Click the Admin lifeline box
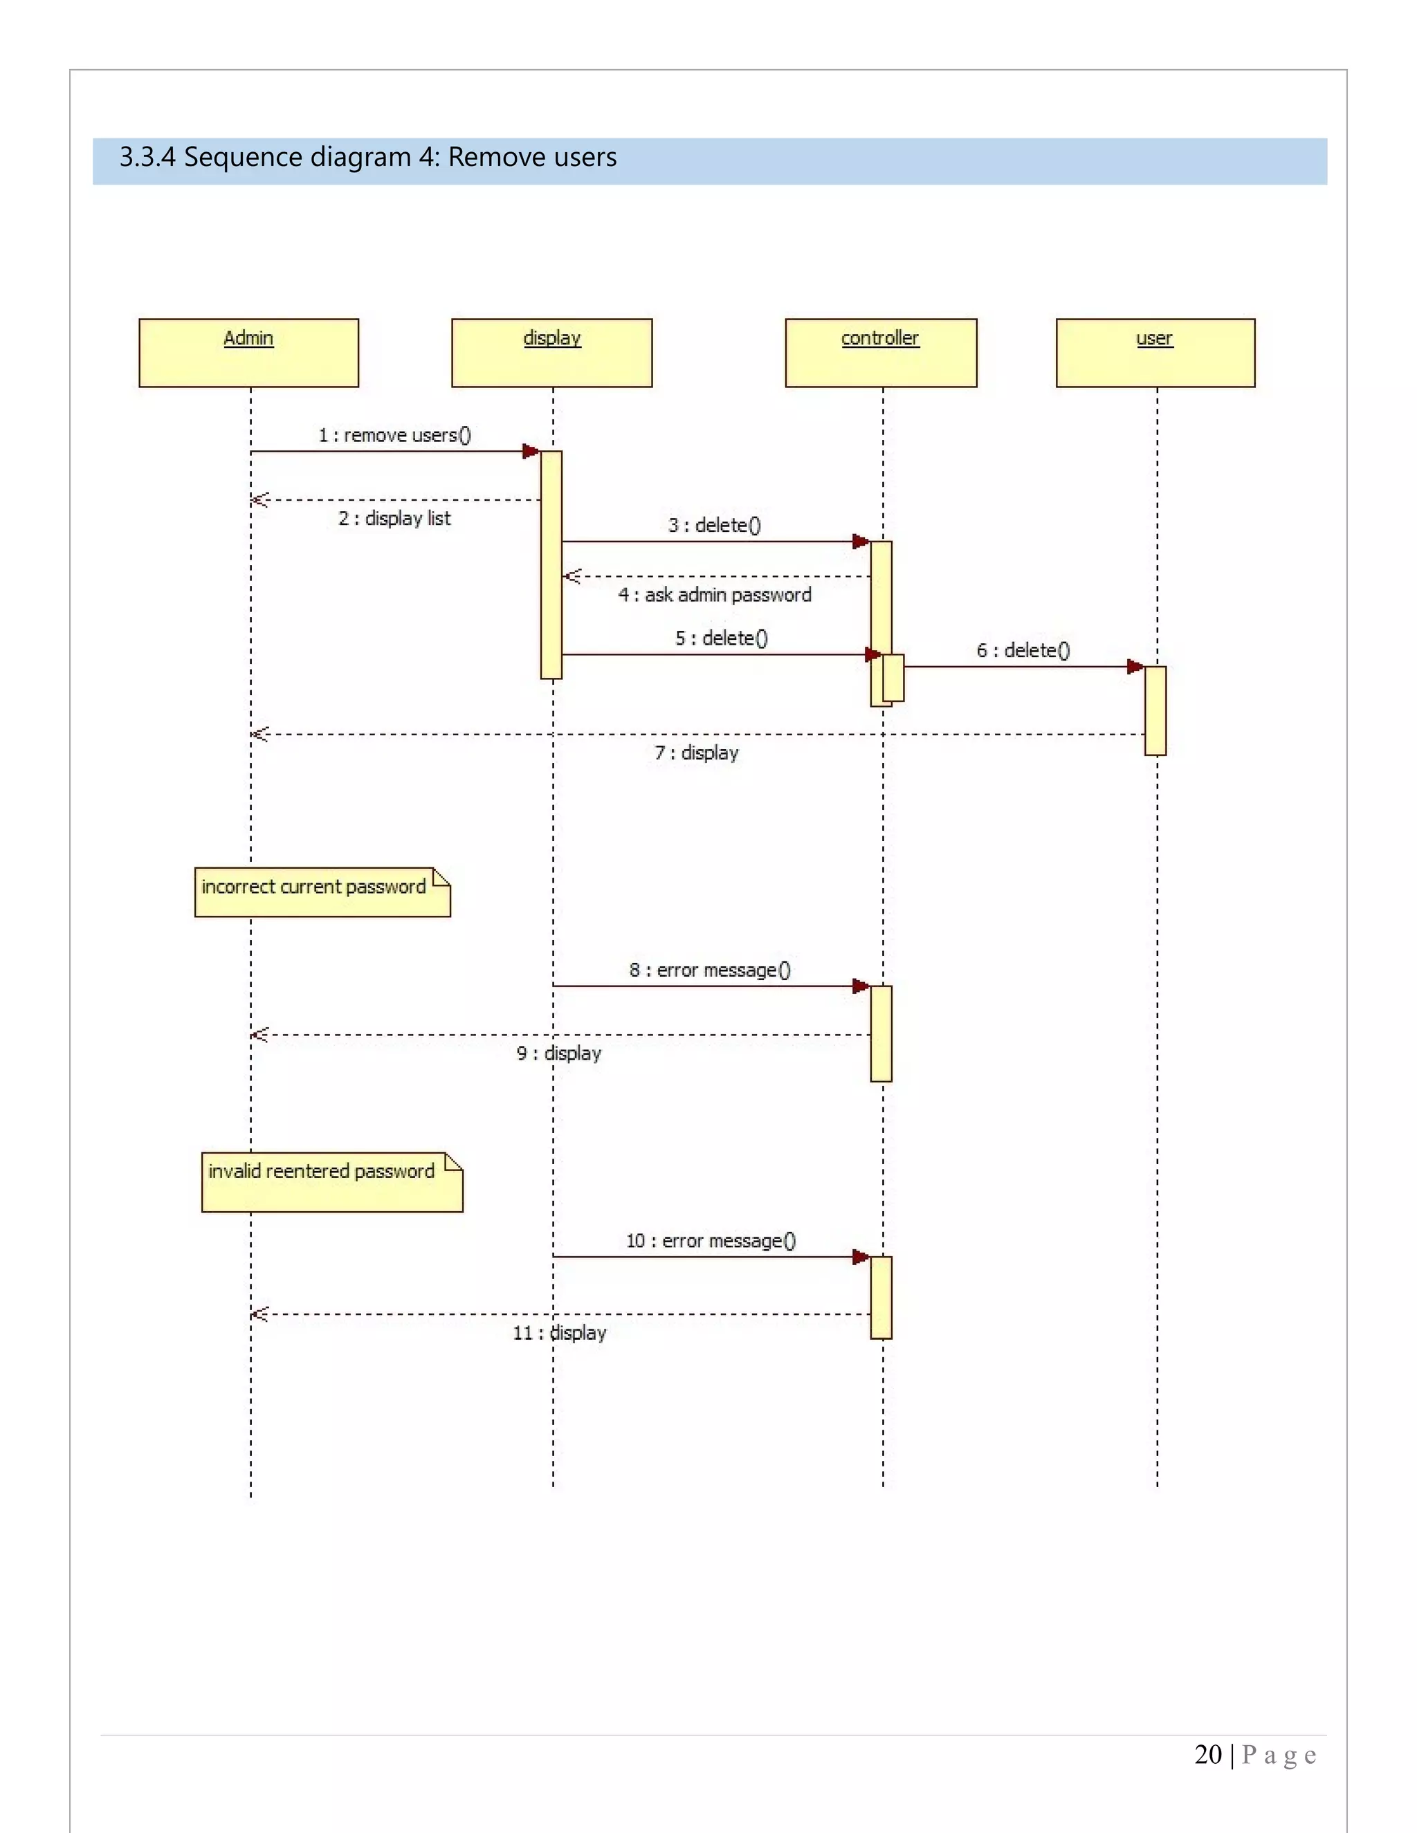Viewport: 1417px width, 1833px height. pyautogui.click(x=248, y=353)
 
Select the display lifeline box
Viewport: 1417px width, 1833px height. pyautogui.click(x=551, y=353)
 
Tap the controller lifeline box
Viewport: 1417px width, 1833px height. pyautogui.click(x=881, y=353)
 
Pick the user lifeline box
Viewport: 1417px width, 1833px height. pyautogui.click(x=1155, y=353)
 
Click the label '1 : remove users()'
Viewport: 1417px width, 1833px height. pyautogui.click(x=394, y=435)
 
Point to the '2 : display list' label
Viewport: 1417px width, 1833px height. pyautogui.click(x=394, y=518)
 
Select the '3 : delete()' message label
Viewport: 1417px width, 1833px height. pyautogui.click(x=714, y=524)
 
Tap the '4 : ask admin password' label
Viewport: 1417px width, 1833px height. pyautogui.click(x=714, y=594)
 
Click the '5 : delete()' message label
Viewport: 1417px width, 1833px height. pyautogui.click(x=721, y=638)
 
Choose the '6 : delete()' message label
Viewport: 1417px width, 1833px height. pyautogui.click(x=1023, y=650)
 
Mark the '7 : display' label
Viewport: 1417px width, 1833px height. pyautogui.click(x=697, y=752)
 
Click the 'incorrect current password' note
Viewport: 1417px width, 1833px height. pyautogui.click(x=322, y=892)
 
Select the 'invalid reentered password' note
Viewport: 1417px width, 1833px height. pyautogui.click(x=331, y=1181)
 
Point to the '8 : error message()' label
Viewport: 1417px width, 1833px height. pyautogui.click(x=710, y=969)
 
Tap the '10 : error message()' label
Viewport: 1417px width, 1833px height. pyautogui.click(x=710, y=1240)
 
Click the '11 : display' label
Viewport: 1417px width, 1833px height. pyautogui.click(x=559, y=1332)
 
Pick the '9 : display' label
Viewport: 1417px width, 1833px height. pyautogui.click(x=559, y=1053)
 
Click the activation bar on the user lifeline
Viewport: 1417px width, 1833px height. pyautogui.click(x=1155, y=710)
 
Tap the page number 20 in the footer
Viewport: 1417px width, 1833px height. pyautogui.click(x=1207, y=1754)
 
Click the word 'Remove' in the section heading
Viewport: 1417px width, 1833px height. pyautogui.click(x=484, y=157)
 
